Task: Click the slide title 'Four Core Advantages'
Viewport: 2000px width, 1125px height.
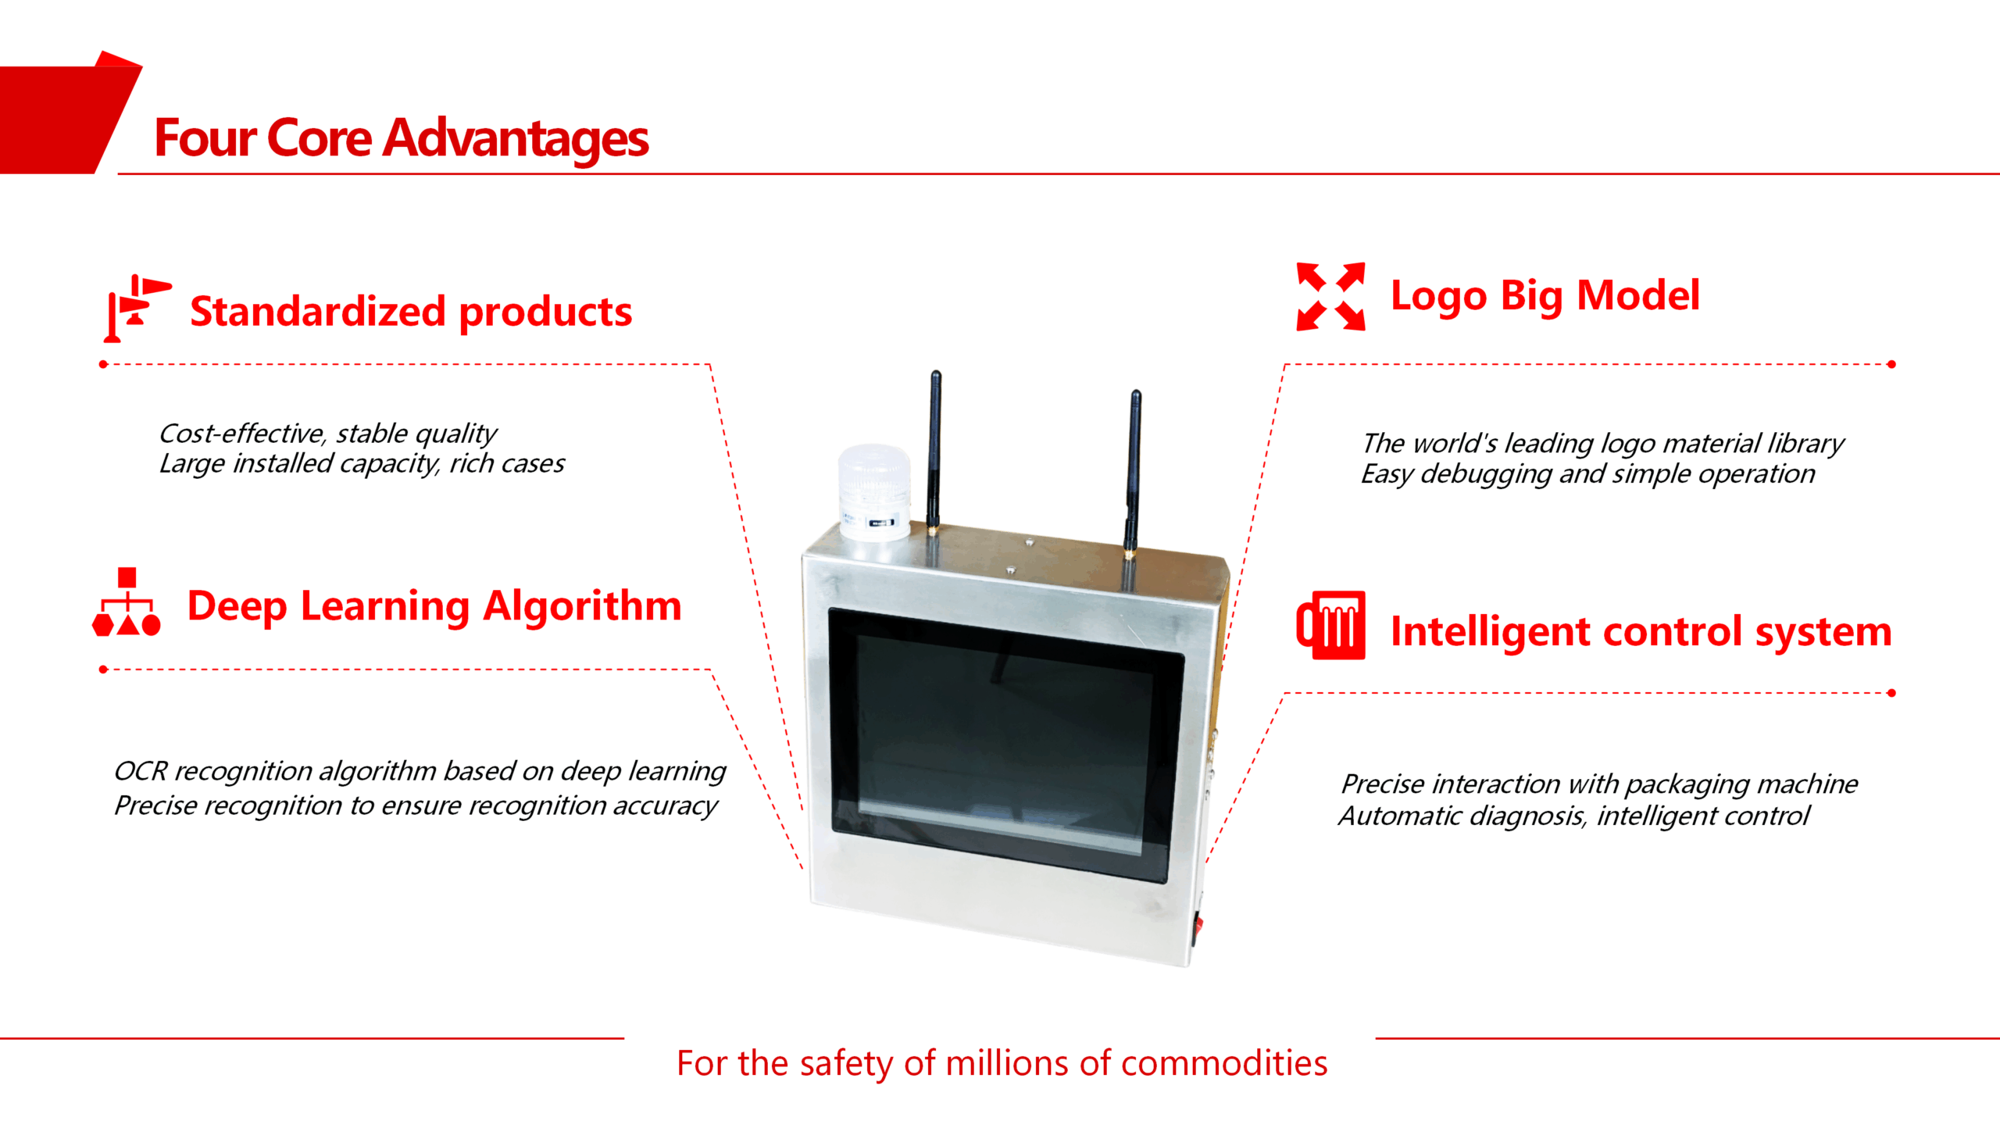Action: coord(402,138)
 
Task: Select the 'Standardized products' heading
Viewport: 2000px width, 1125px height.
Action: coord(411,312)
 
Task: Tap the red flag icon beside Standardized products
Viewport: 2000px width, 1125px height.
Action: coord(137,308)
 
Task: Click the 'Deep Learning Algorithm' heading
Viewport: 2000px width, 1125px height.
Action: coord(434,607)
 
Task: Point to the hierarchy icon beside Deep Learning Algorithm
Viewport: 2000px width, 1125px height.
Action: coord(127,602)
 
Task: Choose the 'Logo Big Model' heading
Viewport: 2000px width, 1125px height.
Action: coord(1545,297)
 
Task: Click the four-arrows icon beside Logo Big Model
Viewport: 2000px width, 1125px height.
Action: coord(1330,296)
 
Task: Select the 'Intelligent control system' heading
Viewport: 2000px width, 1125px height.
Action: coord(1641,632)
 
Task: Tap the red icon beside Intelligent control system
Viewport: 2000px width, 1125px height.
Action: coord(1330,625)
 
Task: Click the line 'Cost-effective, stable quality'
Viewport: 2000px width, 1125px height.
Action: coord(328,434)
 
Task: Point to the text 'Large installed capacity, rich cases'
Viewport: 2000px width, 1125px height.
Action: coord(362,464)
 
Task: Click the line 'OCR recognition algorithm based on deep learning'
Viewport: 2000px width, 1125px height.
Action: coord(420,772)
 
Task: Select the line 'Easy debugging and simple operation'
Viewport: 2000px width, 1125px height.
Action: coord(1587,474)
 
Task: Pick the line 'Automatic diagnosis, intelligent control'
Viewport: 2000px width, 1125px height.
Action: coord(1573,816)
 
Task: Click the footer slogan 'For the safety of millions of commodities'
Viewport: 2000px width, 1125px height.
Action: coord(1002,1064)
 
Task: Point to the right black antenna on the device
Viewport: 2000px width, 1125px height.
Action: coord(1133,473)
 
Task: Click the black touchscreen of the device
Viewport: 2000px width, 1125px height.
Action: coord(1005,745)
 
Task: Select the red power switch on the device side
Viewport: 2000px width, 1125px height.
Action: coord(1197,927)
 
